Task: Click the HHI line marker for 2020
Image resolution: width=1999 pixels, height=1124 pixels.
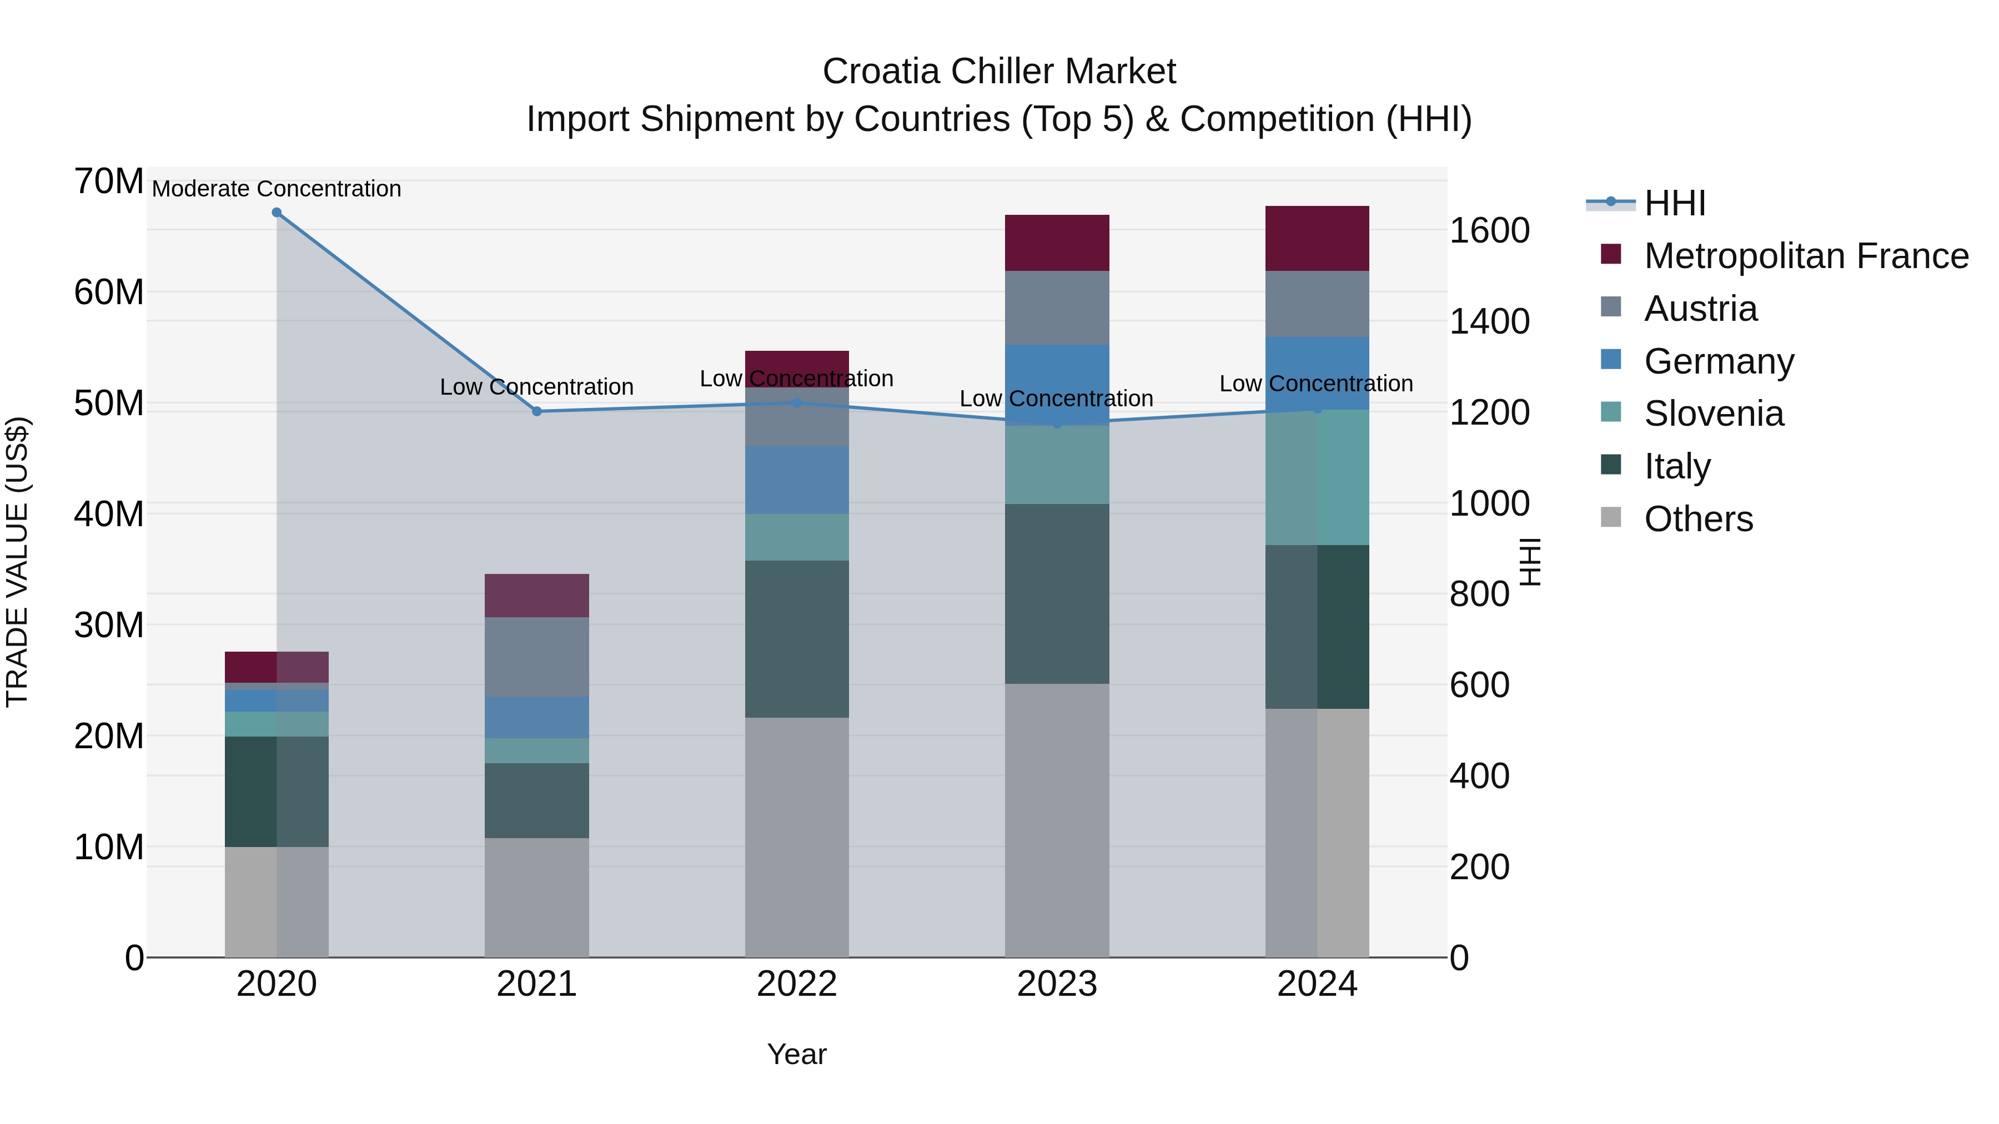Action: (x=277, y=213)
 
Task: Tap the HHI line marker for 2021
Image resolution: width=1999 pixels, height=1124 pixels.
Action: (x=536, y=411)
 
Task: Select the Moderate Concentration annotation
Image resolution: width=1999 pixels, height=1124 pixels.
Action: (x=277, y=189)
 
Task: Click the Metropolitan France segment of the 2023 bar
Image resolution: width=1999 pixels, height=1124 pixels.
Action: (x=1056, y=243)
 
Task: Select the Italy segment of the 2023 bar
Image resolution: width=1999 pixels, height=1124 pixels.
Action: (x=1056, y=593)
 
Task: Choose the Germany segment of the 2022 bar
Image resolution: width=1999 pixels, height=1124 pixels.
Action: (x=796, y=480)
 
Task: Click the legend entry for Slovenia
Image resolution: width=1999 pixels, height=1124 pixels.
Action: (x=1714, y=414)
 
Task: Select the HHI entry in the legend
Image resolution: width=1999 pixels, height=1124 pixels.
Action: (x=1675, y=203)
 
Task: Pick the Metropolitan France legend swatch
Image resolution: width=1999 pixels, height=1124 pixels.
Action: (x=1611, y=254)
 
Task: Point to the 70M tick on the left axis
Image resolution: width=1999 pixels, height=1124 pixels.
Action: (x=109, y=182)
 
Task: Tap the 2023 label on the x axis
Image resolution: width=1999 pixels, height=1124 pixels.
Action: (x=1056, y=984)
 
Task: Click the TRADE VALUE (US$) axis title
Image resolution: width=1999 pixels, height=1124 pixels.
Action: (x=17, y=562)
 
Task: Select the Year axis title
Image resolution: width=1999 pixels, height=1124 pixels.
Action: (x=796, y=1054)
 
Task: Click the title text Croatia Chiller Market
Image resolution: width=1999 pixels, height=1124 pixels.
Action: (x=999, y=72)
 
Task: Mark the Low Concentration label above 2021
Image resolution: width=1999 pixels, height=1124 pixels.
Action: (x=536, y=386)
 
